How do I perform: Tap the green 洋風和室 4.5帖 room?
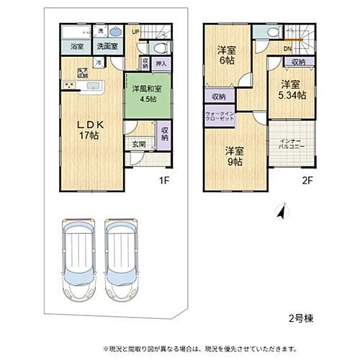[x=148, y=94]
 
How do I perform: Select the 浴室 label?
[x=76, y=47]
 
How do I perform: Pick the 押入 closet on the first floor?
[x=163, y=64]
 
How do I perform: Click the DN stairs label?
[x=287, y=49]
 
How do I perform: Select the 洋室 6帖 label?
[x=228, y=57]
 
